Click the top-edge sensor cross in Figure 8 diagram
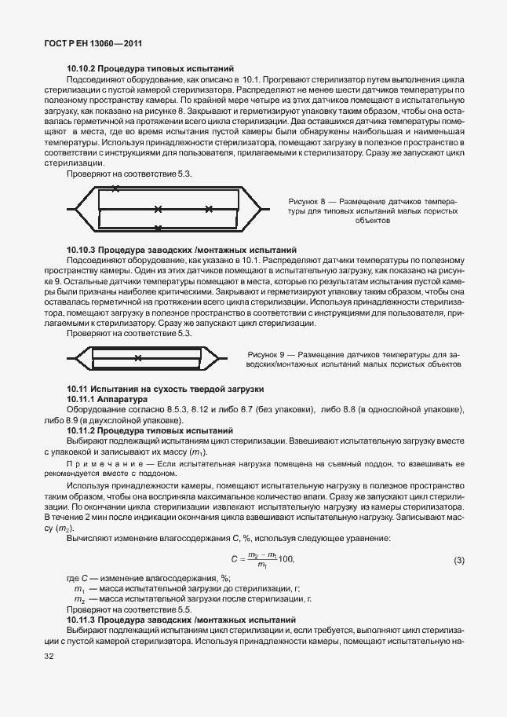(x=116, y=189)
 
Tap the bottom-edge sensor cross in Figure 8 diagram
(x=158, y=229)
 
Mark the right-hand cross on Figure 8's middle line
(x=208, y=209)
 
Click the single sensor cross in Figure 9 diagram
(x=138, y=358)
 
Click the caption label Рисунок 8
(x=307, y=202)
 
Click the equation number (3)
(x=459, y=560)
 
